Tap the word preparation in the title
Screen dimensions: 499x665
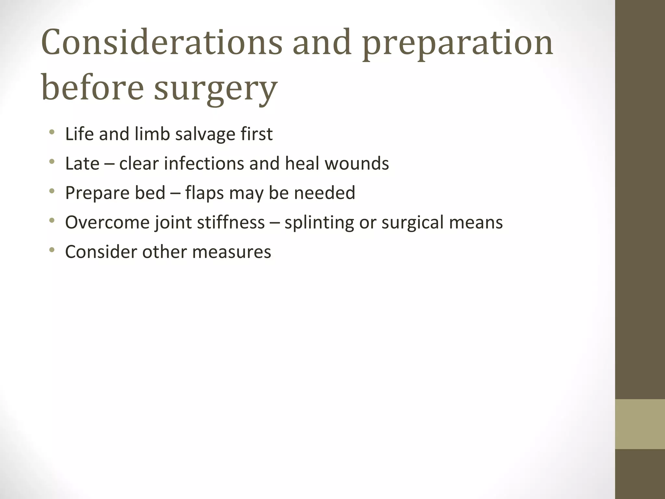458,45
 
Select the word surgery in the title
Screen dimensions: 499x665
216,88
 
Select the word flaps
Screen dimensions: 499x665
205,193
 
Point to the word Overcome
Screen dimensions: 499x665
107,223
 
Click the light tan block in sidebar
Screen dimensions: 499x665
640,424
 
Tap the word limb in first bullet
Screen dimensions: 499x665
152,134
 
